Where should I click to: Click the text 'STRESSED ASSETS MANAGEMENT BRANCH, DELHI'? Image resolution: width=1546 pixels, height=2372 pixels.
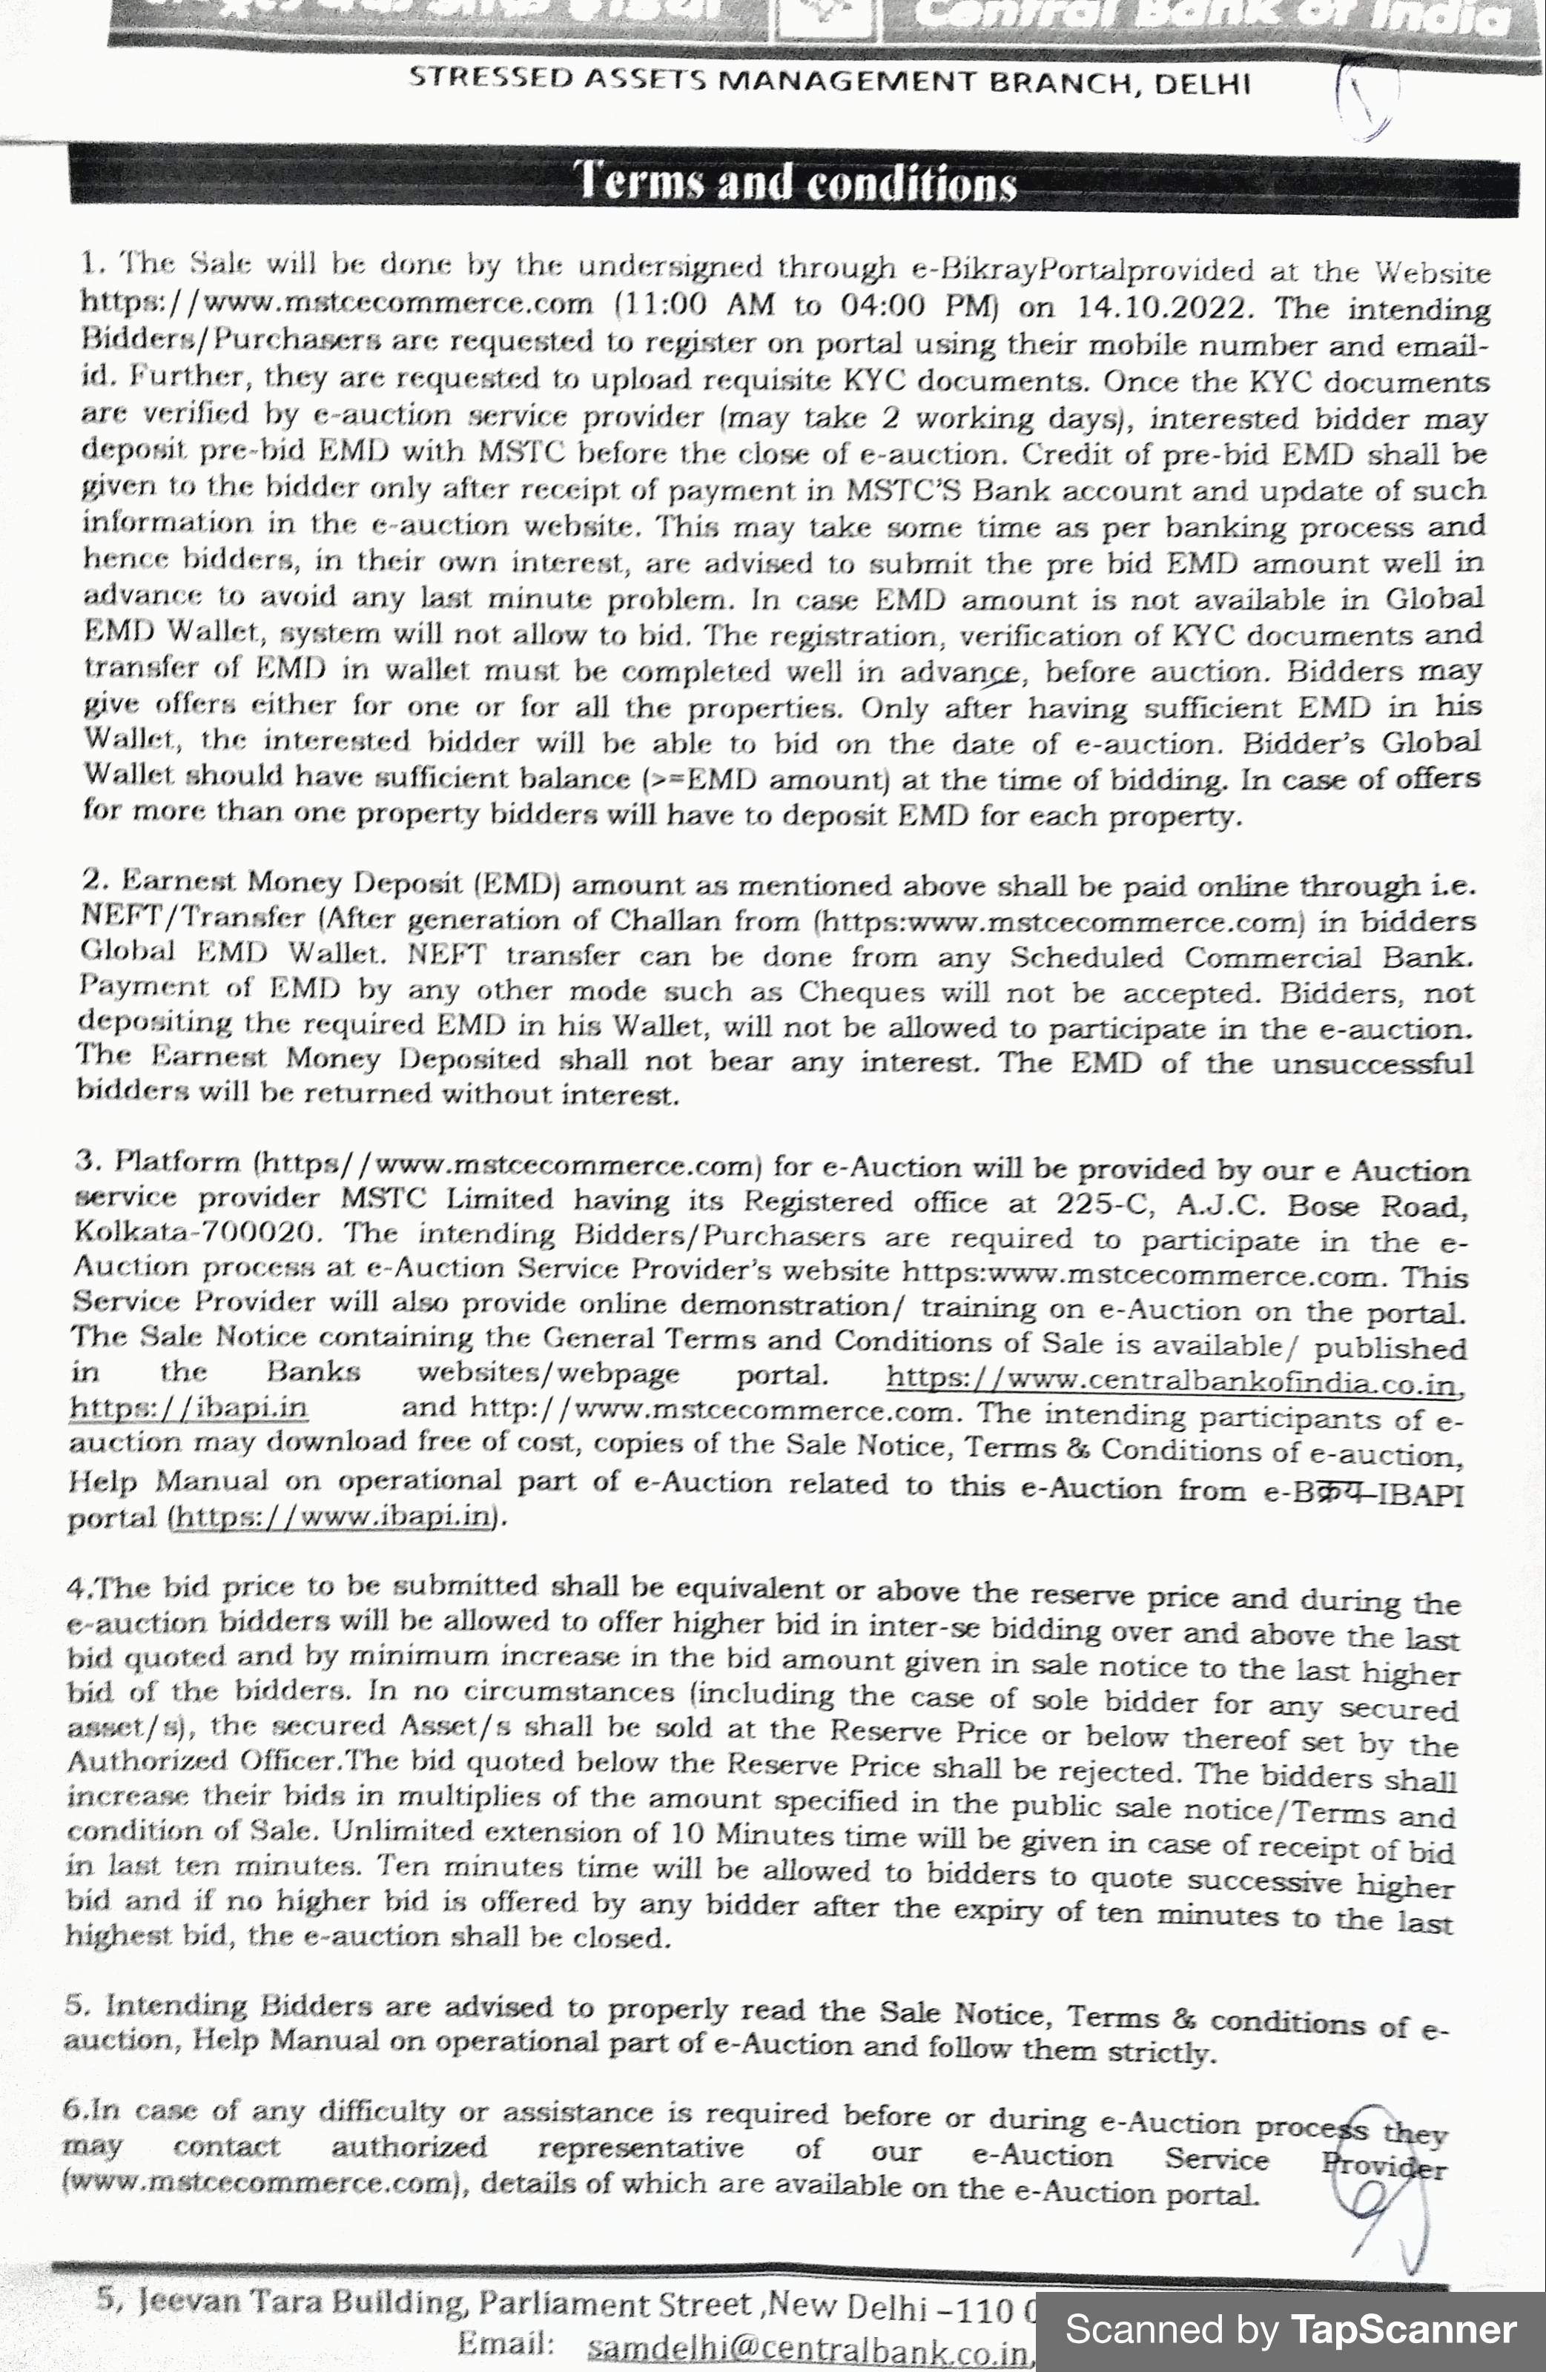[829, 81]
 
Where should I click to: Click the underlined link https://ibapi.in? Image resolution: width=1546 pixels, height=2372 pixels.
[188, 1407]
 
